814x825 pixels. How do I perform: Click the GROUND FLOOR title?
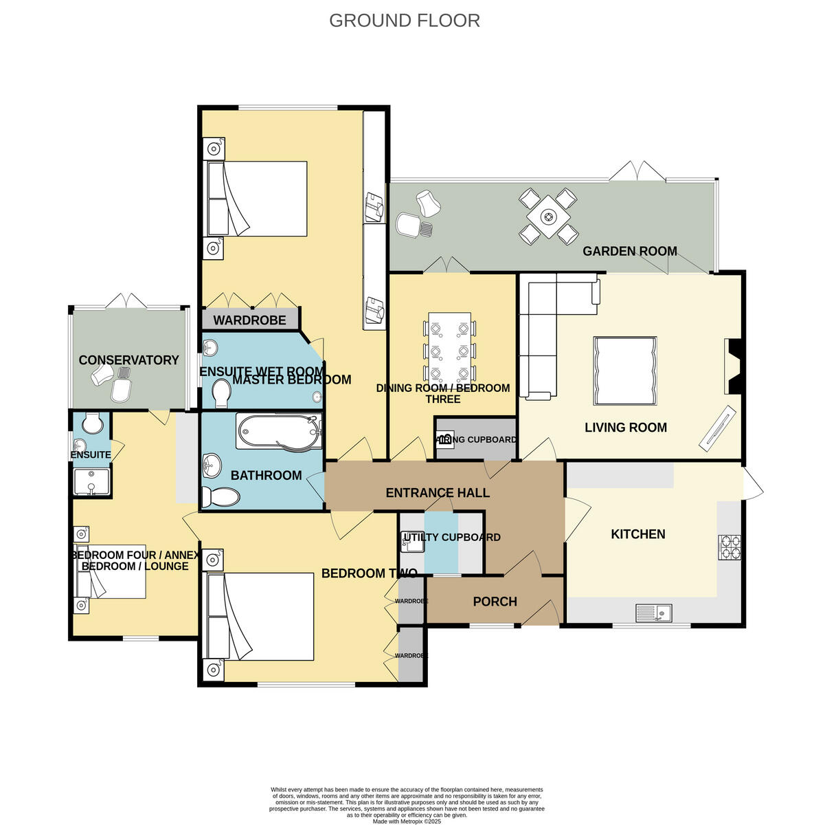point(404,21)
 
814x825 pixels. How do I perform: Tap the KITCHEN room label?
point(637,534)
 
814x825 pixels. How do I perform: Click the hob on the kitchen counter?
point(730,547)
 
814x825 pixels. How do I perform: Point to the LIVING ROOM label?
point(625,428)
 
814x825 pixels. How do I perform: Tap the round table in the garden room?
point(547,217)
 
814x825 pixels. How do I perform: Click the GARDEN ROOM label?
point(629,252)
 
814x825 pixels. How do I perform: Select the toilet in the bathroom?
point(221,495)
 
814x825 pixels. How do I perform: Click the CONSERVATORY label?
point(128,360)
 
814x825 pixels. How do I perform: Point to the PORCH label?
point(495,602)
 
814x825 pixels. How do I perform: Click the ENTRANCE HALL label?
point(438,493)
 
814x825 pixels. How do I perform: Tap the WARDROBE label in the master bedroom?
point(249,320)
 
